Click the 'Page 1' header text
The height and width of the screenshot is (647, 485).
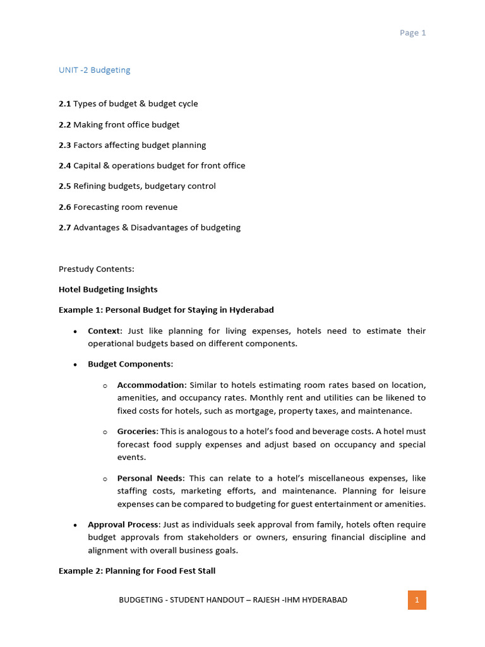[412, 33]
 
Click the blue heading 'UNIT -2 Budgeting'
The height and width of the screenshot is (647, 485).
[95, 70]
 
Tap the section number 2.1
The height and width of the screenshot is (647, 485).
[64, 104]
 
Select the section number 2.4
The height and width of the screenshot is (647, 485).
[64, 166]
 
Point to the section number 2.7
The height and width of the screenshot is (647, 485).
[64, 227]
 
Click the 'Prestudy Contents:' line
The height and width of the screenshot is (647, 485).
[97, 269]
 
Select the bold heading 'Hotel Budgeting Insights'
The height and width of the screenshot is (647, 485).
[108, 289]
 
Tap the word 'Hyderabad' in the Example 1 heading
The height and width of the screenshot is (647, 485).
[252, 310]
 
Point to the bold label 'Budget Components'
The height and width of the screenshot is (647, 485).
[129, 365]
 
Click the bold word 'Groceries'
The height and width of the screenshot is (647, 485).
[136, 431]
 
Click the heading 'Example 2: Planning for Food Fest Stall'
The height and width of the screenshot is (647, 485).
[137, 571]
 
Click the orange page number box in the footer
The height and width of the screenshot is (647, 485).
[417, 600]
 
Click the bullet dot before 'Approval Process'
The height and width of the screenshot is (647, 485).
[75, 525]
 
